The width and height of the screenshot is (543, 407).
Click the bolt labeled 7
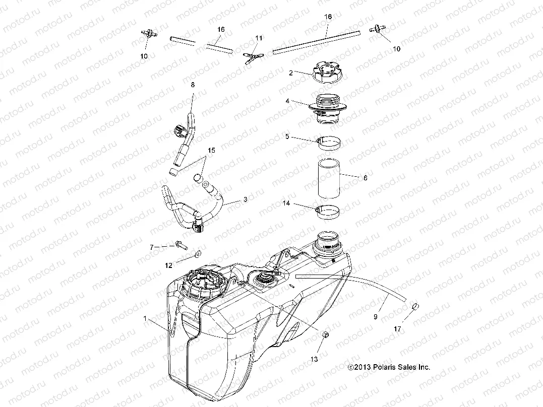coord(178,245)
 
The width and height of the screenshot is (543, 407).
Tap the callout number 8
coord(192,85)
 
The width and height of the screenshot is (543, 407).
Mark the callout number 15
coord(212,151)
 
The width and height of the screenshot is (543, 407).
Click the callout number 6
coord(365,178)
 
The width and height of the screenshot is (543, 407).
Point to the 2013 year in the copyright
coord(358,368)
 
